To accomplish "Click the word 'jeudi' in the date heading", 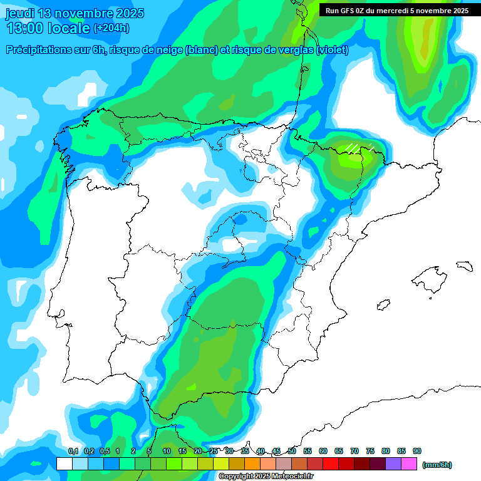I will click(19, 13).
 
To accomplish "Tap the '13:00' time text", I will click(25, 28).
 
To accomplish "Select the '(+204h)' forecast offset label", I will click(111, 28).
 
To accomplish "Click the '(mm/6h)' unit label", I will click(437, 465).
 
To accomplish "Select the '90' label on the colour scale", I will click(417, 451).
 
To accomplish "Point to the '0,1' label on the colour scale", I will click(73, 451).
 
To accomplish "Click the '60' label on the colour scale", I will click(323, 451).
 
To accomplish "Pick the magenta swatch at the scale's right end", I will click(409, 464).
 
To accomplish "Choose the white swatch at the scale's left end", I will click(64, 464).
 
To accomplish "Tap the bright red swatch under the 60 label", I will click(331, 464).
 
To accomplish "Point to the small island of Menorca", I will click(463, 266).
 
